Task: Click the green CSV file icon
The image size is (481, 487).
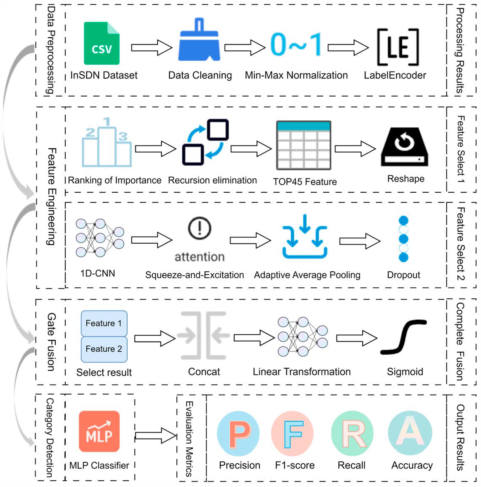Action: pos(101,43)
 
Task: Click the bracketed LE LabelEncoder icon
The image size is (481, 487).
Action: pos(398,47)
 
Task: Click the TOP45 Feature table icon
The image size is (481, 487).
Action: pos(303,145)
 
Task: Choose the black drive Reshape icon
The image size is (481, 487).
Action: pos(404,147)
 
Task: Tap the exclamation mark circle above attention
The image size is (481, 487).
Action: pos(200,228)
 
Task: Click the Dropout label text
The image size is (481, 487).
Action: pos(403,275)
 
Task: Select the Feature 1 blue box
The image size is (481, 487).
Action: pos(104,323)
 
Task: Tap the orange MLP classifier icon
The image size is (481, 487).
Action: pos(99,431)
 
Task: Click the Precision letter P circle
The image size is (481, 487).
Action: pos(238,433)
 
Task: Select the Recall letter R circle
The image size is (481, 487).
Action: pos(352,433)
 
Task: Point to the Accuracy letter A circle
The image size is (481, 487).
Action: pos(410,433)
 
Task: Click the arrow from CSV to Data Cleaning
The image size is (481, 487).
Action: pos(152,47)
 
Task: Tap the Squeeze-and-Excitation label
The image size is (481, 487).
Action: pos(194,275)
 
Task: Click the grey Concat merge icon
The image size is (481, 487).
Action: pos(203,335)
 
